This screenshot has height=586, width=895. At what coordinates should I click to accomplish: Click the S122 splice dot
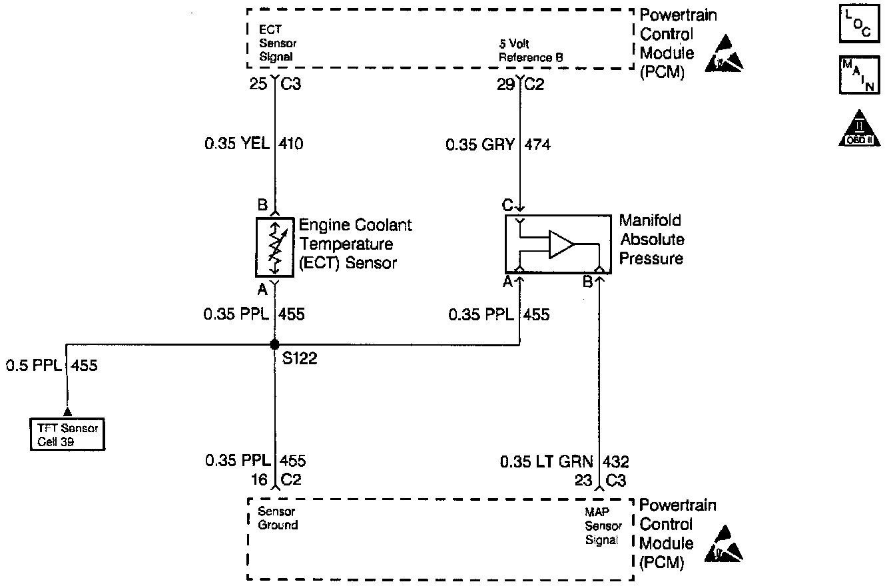(274, 345)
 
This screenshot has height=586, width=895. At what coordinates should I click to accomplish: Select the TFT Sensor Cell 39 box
(68, 435)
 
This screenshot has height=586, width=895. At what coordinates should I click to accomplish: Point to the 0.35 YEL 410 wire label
(254, 143)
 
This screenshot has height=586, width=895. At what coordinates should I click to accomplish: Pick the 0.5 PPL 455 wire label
(51, 365)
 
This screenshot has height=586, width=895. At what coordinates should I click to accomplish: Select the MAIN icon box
(854, 75)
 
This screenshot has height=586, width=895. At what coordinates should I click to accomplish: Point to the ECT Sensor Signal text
(276, 43)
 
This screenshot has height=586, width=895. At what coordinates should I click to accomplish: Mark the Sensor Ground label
(278, 518)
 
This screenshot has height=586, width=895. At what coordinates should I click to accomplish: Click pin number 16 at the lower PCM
(260, 479)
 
